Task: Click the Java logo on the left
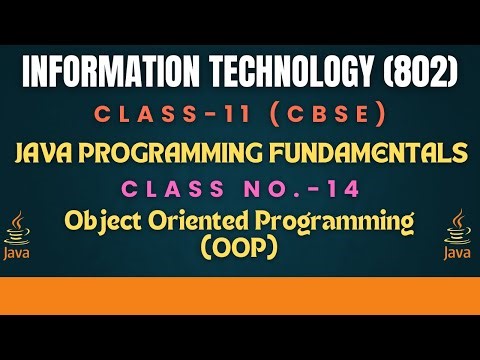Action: [x=18, y=235]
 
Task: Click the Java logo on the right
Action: [x=459, y=235]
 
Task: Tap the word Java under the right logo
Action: [x=459, y=254]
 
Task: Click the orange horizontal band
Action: [x=240, y=293]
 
